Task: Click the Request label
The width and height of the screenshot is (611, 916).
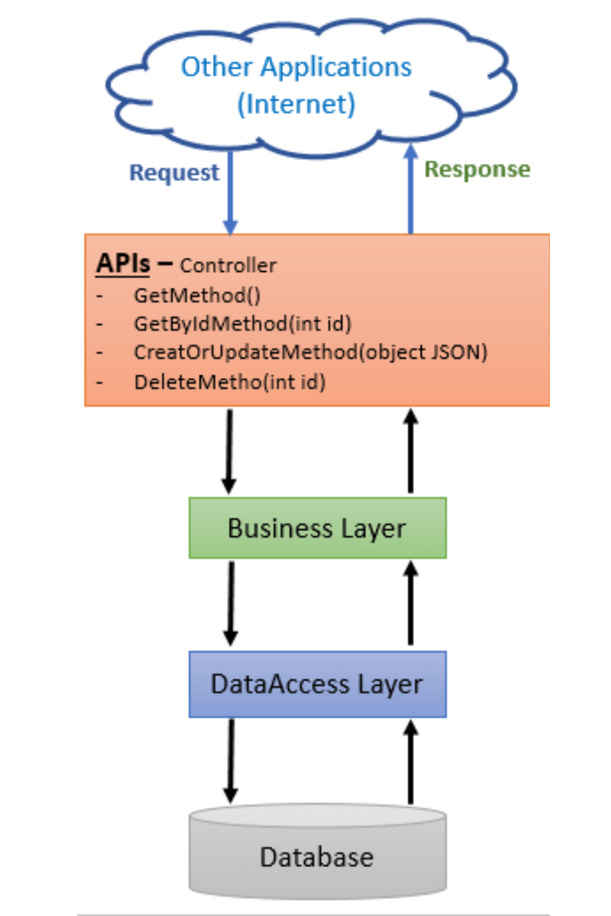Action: (174, 173)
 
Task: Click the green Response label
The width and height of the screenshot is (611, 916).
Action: (477, 169)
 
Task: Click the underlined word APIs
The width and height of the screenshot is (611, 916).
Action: (123, 263)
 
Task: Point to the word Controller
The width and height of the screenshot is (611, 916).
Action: (228, 266)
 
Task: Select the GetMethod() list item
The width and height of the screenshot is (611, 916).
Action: (197, 296)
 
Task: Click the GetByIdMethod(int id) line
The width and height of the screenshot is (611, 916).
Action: (243, 324)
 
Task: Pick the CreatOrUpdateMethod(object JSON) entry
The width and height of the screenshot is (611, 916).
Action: (310, 352)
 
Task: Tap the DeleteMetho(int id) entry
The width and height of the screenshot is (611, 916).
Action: (230, 382)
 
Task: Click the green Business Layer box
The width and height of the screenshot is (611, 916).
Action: (317, 528)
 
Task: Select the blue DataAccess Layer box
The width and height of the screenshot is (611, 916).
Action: (317, 684)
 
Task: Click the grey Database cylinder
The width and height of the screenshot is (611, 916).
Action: (317, 855)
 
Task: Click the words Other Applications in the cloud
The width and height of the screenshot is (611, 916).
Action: (296, 67)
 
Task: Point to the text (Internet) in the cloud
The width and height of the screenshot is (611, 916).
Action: (296, 104)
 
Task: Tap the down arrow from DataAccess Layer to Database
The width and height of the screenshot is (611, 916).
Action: (230, 760)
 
